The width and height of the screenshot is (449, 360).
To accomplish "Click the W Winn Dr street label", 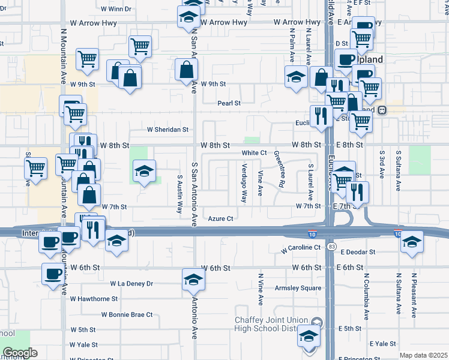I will pos(116,9).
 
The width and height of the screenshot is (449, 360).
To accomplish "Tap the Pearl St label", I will pos(229,103).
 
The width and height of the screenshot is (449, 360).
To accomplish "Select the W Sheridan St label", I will pos(168,129).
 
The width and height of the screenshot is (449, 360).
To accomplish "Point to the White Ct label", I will pos(255,153).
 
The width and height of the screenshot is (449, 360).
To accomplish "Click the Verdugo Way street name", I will pos(244,183).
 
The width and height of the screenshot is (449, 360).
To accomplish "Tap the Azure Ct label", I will pos(220,219).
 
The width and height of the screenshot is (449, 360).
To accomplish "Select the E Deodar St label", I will pos(355,253).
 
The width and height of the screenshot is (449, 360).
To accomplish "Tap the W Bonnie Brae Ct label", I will pos(127,314).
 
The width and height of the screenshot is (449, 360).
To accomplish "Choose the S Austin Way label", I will pos(179,194).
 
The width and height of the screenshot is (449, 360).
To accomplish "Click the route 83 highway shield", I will pos(332,247).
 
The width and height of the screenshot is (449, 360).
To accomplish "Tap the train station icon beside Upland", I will pos(382,110).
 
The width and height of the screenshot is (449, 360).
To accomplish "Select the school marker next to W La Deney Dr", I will pos(193,279).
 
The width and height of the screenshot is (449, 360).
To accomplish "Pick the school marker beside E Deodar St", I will pos(412,242).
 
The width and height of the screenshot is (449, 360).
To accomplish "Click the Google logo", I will pos(20,353).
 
